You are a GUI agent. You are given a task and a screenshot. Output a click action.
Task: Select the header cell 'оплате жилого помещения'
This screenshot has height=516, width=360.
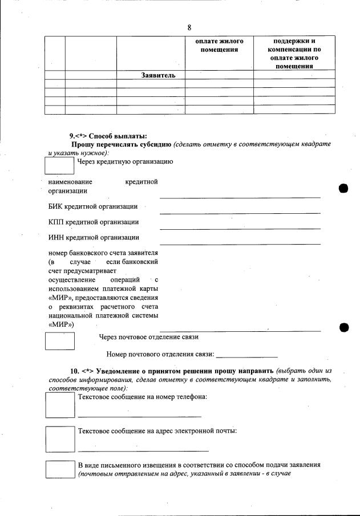[219, 46]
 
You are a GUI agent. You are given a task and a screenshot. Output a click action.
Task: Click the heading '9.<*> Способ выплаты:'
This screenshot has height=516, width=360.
[108, 136]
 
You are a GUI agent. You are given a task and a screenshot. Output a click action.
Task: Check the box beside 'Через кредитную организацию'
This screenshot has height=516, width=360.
[60, 165]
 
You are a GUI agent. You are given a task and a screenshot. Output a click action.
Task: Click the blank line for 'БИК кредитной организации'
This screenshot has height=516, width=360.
[240, 213]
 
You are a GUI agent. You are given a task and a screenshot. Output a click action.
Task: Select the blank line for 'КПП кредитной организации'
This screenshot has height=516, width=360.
[240, 228]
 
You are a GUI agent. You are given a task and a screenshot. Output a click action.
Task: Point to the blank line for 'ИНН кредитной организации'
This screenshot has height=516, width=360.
[240, 243]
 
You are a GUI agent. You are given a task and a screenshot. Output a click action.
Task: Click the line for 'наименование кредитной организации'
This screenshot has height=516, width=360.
[240, 197]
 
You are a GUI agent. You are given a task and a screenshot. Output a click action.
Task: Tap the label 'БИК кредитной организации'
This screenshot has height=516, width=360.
[93, 206]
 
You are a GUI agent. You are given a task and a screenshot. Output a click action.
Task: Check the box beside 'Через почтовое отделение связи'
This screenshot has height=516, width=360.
[60, 341]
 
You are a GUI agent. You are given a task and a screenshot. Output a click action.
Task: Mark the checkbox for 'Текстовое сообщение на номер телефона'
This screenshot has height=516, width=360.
[60, 405]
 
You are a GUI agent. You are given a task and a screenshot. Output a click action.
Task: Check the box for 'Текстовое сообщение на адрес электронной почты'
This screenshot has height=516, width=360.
[60, 439]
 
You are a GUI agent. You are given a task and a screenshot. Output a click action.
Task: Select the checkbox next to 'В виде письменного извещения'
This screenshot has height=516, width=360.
[60, 470]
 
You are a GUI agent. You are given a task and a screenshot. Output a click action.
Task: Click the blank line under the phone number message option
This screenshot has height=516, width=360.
[139, 416]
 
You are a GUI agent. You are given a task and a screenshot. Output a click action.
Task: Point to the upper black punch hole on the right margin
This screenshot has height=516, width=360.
[343, 189]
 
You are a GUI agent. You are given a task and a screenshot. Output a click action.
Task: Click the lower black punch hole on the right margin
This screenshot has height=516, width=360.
[343, 327]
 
